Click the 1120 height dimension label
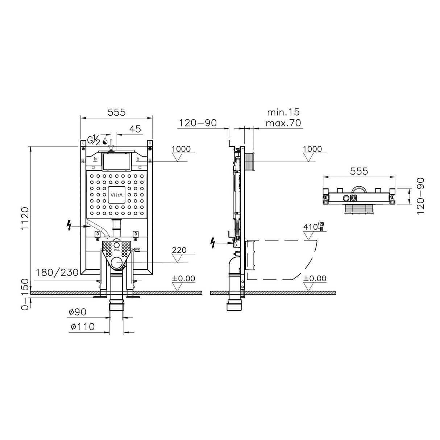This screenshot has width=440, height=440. coord(25,219)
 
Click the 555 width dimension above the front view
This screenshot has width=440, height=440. coord(116,113)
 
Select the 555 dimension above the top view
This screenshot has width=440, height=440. coord(359,171)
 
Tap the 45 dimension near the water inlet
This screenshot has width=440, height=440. coord(135,129)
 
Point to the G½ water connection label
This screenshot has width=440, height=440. coord(94,140)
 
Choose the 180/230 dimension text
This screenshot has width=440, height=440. coord(58,273)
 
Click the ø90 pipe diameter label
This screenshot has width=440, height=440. coord(77,312)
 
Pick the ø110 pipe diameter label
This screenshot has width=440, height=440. coord(83,327)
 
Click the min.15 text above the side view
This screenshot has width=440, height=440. coord(283,112)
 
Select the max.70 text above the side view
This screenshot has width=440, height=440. coord(283,123)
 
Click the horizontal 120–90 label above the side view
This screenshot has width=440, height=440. coord(197,123)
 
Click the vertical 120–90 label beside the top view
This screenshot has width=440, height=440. coord(420,196)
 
